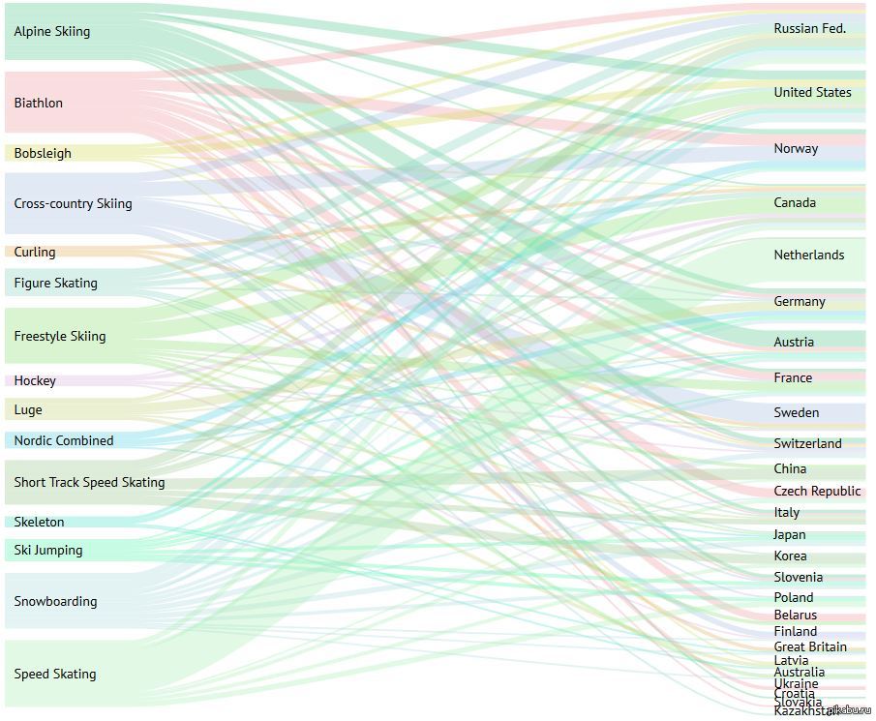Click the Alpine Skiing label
(x=52, y=32)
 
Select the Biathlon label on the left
(x=39, y=103)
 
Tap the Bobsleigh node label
(x=43, y=153)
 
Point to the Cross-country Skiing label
(x=73, y=204)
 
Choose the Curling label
(x=35, y=253)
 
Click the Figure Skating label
(x=56, y=284)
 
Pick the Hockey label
(x=35, y=381)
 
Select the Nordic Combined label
(x=64, y=441)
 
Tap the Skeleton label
(x=39, y=523)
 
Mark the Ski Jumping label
(x=48, y=551)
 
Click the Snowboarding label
(x=55, y=602)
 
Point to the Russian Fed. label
(x=810, y=29)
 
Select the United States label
(x=813, y=93)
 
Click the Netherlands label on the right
(x=809, y=255)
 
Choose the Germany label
(x=800, y=302)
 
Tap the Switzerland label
(x=808, y=444)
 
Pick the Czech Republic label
(x=817, y=492)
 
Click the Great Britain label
(x=810, y=647)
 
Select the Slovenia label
(x=799, y=578)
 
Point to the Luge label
(x=28, y=410)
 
